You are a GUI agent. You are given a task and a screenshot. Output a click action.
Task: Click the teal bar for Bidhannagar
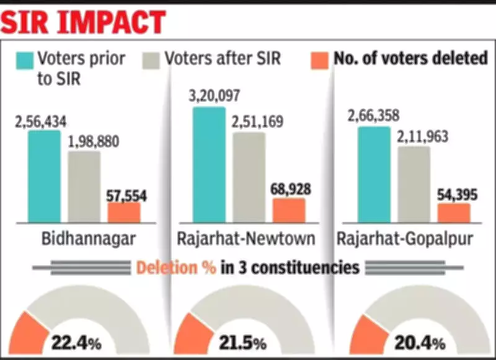44,177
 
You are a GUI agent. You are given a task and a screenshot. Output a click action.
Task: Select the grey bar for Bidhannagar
84,186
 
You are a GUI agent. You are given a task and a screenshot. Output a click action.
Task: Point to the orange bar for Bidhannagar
124,212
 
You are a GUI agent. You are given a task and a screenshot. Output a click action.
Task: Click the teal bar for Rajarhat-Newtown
209,164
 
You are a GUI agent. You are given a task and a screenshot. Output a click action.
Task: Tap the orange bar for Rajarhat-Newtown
289,210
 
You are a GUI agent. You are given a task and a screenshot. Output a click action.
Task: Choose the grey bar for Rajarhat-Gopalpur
414,184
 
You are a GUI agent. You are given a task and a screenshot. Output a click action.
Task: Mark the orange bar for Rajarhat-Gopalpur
454,213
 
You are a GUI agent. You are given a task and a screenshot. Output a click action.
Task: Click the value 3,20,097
213,96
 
